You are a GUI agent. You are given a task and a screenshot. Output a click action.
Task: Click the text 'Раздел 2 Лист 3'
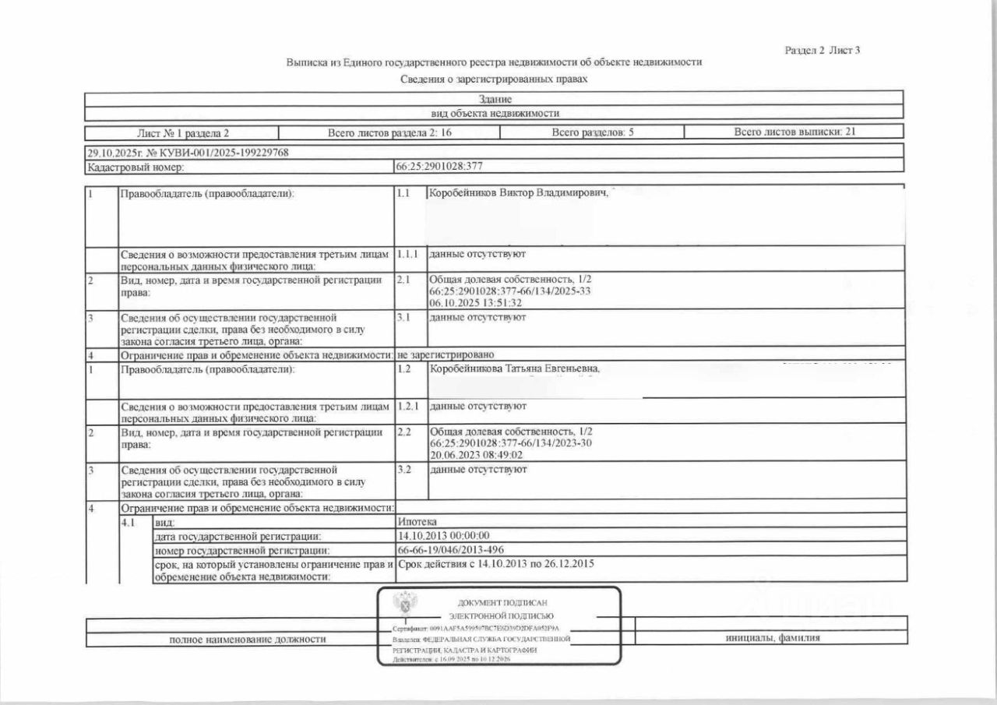(823, 51)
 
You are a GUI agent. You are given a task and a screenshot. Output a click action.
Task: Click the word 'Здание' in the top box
(495, 99)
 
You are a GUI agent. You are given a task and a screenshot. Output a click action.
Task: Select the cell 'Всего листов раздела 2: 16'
(389, 132)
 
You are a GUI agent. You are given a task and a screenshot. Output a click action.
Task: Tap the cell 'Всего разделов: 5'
(593, 132)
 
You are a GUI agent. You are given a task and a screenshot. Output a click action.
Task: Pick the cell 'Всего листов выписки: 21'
(795, 132)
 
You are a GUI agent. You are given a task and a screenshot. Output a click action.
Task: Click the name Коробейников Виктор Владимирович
(518, 192)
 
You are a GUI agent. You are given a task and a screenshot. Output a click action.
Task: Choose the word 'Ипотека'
(417, 520)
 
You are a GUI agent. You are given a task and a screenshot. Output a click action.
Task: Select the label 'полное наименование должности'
(247, 640)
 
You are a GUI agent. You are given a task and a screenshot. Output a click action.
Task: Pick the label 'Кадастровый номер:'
(136, 167)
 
